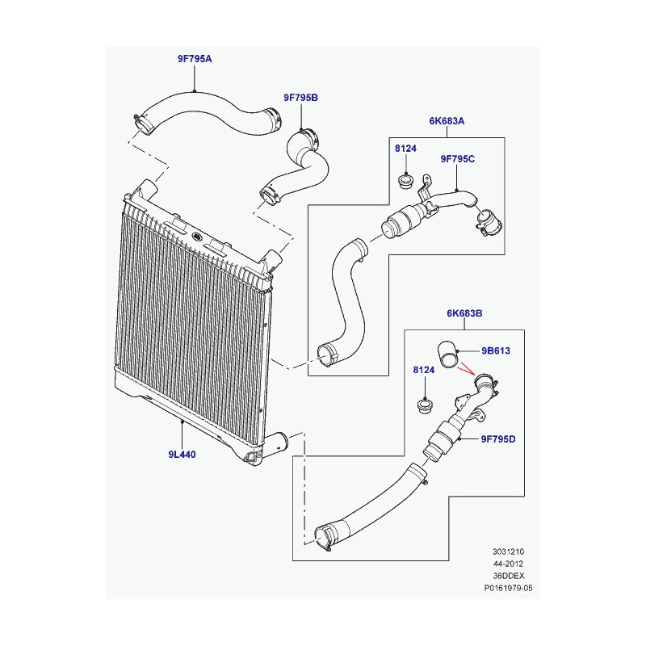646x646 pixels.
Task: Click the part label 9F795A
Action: pyautogui.click(x=195, y=59)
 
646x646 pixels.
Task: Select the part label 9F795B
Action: pyautogui.click(x=300, y=98)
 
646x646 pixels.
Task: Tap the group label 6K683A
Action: pyautogui.click(x=447, y=121)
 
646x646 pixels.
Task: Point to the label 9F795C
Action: pyautogui.click(x=457, y=158)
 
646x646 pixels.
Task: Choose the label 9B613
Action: pyautogui.click(x=497, y=351)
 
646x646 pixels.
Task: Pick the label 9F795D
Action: pyautogui.click(x=498, y=439)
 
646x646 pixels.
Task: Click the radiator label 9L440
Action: pyautogui.click(x=182, y=455)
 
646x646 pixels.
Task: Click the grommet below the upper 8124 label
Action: pyautogui.click(x=407, y=179)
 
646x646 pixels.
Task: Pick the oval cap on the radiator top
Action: pyautogui.click(x=197, y=237)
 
